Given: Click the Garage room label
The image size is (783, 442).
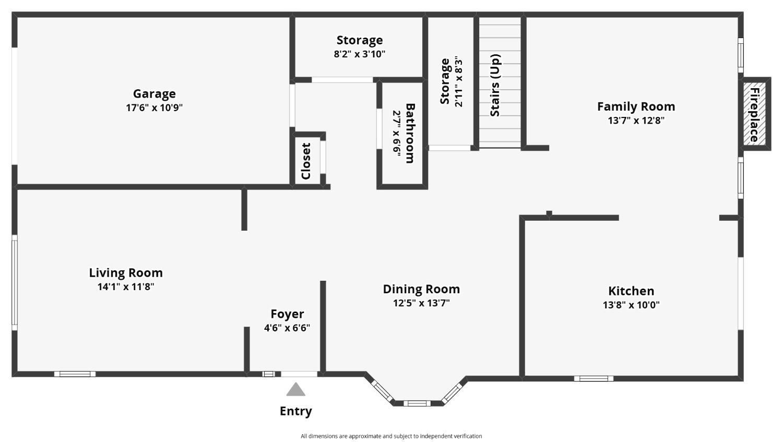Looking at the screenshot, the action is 154,94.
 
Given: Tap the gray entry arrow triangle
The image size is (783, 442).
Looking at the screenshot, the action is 296,390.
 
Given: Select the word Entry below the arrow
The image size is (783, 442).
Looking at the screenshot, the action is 296,411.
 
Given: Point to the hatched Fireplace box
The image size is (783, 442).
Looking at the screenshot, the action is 755,114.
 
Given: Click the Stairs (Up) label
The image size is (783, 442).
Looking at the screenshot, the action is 495,85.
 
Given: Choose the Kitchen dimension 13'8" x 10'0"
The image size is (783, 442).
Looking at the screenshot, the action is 631,305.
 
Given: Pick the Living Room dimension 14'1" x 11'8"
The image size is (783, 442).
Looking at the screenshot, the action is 126,287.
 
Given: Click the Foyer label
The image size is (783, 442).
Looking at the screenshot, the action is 287,314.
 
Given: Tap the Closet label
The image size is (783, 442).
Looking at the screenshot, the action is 306,161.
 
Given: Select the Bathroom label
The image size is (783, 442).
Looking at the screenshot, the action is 410,133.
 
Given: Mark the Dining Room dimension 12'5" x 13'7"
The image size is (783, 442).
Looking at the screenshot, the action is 421,303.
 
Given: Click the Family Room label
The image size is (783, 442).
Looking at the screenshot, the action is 636,106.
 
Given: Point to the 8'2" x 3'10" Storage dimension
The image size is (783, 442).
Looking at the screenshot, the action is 359,54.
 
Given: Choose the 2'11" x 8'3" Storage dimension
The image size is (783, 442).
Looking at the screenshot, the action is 458,83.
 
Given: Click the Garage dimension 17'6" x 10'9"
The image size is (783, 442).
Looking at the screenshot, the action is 154,107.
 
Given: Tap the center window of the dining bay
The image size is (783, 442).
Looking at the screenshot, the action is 417,403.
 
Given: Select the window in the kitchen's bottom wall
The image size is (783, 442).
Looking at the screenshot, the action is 594,378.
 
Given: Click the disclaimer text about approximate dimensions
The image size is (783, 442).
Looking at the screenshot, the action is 391,436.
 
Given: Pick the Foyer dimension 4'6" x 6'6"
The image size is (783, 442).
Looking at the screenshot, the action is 287,328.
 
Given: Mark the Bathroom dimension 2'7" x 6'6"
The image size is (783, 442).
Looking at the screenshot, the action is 396,133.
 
